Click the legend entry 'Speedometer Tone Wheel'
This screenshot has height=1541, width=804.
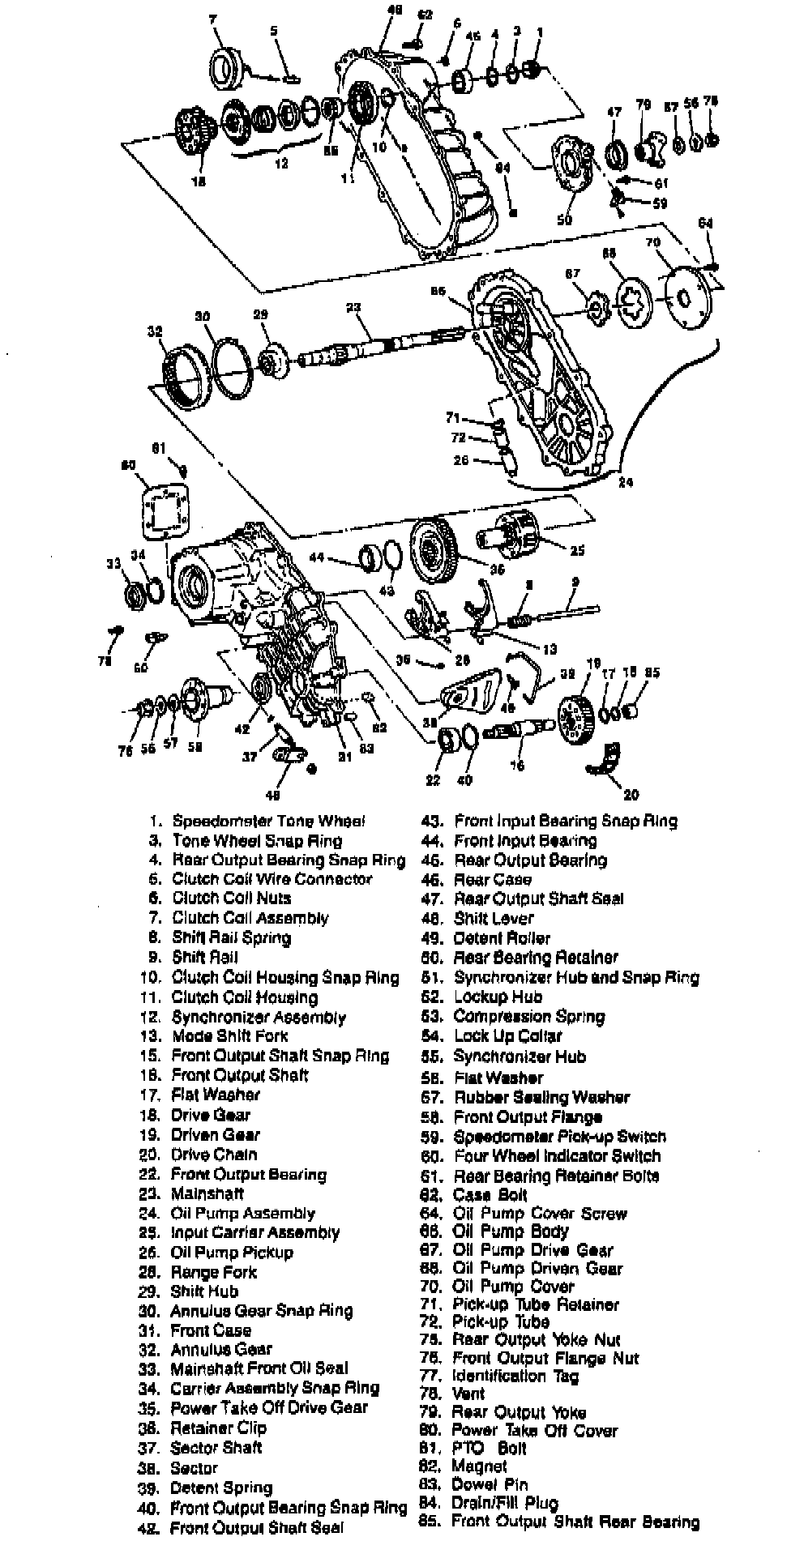point(268,821)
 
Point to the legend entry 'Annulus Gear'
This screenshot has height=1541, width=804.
point(221,1349)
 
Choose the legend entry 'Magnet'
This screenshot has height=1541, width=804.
point(480,1466)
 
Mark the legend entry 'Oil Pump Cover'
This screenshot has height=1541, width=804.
point(513,1286)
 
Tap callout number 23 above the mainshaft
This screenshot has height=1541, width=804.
point(353,308)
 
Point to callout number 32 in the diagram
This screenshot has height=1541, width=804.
point(155,331)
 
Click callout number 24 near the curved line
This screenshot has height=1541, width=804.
point(625,483)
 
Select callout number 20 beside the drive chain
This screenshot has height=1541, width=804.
point(631,795)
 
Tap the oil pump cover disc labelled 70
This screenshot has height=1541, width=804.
point(686,298)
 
